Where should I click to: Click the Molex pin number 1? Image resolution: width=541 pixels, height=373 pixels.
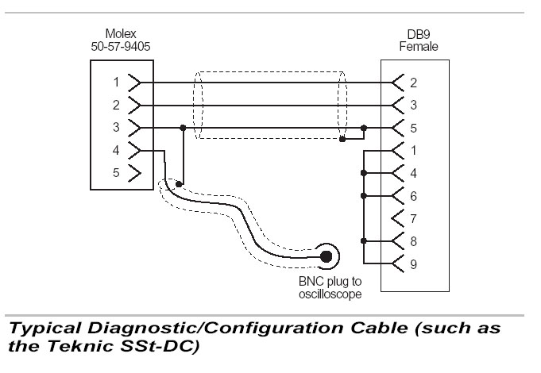[x=116, y=82]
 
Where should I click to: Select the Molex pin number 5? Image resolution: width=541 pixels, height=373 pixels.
[x=116, y=172]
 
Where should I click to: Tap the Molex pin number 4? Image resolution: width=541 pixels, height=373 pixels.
[x=116, y=150]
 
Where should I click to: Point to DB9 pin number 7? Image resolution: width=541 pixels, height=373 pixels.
[x=413, y=218]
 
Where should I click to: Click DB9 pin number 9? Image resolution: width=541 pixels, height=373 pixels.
[x=413, y=264]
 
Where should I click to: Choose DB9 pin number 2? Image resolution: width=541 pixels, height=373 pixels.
[x=413, y=83]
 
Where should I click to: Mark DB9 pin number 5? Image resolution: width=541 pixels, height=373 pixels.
[x=413, y=129]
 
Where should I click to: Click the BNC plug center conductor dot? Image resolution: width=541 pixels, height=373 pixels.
[x=326, y=256]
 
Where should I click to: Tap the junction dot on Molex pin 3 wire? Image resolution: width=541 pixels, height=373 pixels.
[x=183, y=128]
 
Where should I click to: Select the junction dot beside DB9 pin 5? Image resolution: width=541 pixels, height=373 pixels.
[x=364, y=128]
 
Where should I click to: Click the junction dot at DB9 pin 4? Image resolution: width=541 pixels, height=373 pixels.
[x=364, y=173]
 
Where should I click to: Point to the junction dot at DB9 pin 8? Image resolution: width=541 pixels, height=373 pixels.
[x=364, y=240]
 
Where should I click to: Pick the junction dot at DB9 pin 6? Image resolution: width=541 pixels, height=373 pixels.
[x=364, y=196]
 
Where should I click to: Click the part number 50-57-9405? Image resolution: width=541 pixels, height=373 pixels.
[x=121, y=46]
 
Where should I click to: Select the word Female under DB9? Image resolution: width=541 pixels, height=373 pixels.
[x=419, y=46]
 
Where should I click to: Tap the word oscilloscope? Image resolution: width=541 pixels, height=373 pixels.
[x=330, y=294]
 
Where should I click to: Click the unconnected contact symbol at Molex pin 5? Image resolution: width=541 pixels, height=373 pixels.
[x=134, y=173]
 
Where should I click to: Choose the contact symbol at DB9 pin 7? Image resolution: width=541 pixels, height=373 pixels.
[x=397, y=218]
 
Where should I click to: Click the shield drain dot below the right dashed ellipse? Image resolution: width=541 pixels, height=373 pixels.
[x=342, y=139]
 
